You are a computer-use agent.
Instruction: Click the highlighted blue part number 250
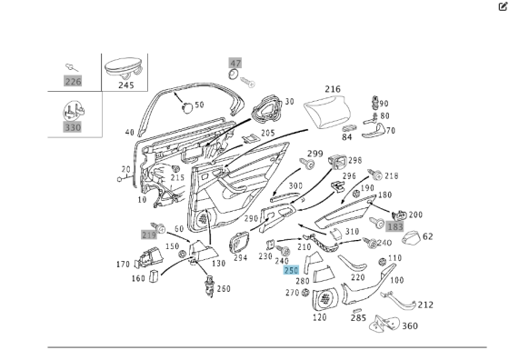[291, 270]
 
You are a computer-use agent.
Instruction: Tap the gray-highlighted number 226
[73, 81]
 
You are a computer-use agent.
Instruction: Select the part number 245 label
[125, 85]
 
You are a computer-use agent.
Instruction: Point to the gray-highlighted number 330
[73, 128]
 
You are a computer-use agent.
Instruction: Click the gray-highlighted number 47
[235, 64]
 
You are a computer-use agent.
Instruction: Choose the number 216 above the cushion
[333, 89]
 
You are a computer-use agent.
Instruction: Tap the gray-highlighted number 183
[394, 225]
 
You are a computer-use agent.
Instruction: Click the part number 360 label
[410, 326]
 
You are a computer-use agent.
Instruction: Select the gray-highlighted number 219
[149, 234]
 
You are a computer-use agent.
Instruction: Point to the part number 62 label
[428, 236]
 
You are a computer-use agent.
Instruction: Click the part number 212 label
[425, 305]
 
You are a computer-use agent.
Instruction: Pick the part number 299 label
[314, 153]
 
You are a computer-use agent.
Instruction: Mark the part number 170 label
[124, 265]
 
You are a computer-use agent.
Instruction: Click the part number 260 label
[224, 289]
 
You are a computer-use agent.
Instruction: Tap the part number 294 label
[240, 257]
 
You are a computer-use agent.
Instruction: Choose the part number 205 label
[268, 133]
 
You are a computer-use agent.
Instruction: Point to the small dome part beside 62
[409, 238]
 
